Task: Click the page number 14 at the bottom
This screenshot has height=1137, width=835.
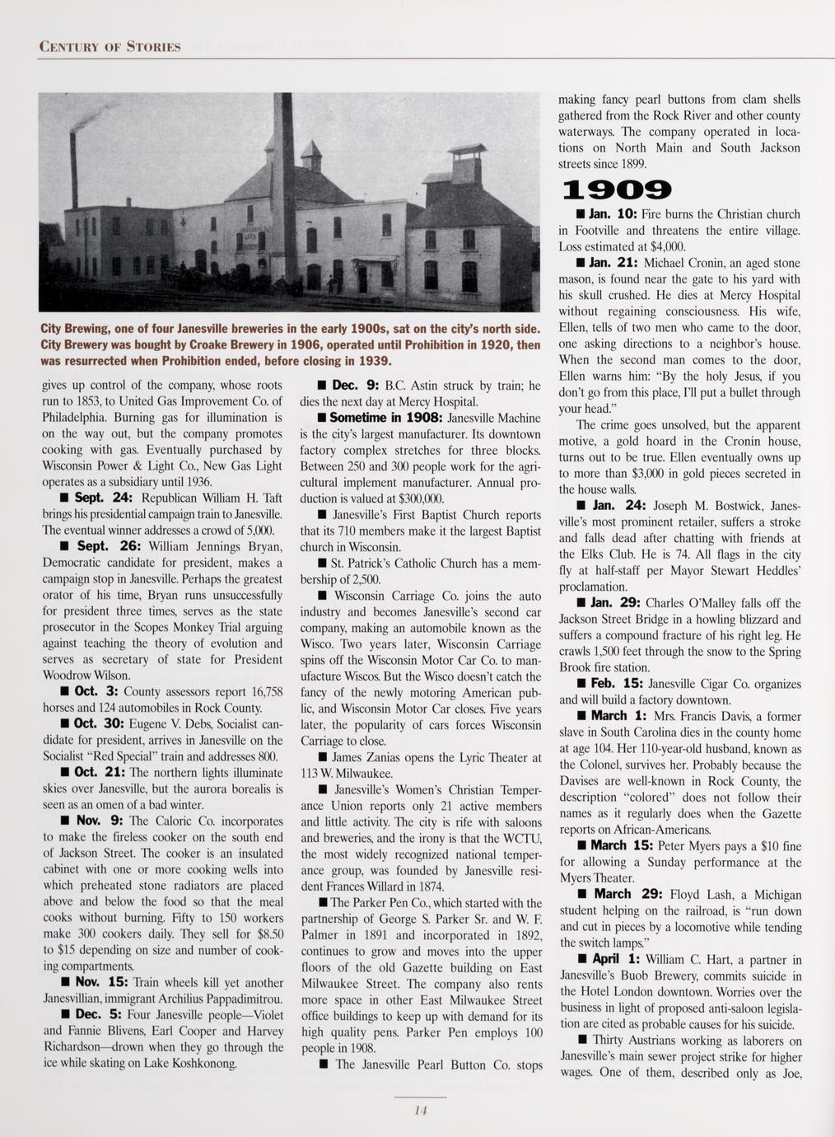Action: [420, 1111]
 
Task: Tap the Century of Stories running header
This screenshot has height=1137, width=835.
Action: [110, 45]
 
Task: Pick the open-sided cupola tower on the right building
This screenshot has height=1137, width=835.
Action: [467, 163]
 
